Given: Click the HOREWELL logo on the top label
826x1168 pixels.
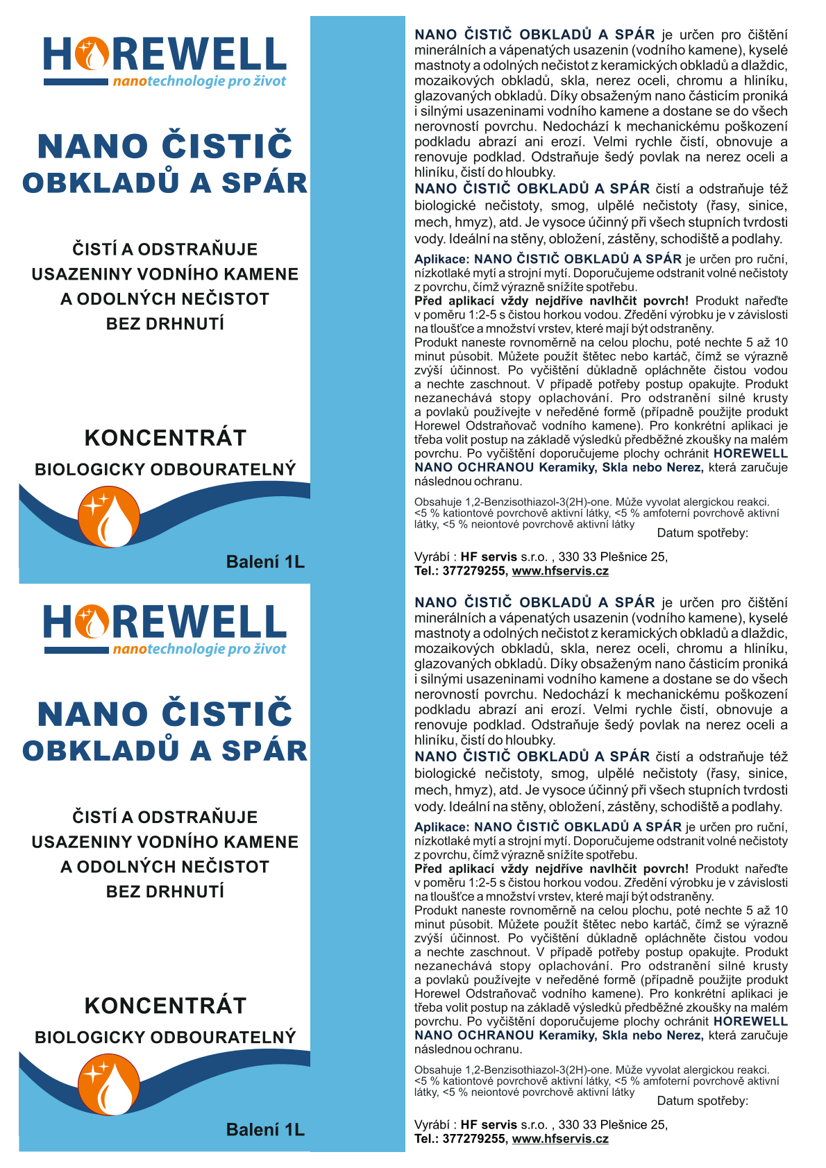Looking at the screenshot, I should pyautogui.click(x=165, y=56).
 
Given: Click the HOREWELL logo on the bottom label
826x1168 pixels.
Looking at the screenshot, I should pyautogui.click(x=165, y=623).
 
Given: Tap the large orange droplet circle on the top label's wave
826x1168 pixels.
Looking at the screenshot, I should pyautogui.click(x=109, y=516).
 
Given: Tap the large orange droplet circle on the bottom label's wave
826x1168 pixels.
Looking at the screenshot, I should pyautogui.click(x=109, y=1085).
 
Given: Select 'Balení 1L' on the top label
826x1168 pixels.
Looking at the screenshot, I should pyautogui.click(x=265, y=562).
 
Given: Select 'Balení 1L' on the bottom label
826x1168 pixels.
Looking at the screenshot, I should pyautogui.click(x=265, y=1130).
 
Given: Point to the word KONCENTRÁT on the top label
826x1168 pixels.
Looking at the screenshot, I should pyautogui.click(x=165, y=438).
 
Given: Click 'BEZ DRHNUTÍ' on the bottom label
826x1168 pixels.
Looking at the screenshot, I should pyautogui.click(x=165, y=892).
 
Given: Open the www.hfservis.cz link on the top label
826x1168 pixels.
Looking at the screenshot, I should pyautogui.click(x=560, y=571).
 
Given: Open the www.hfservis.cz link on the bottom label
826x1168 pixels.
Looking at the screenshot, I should pyautogui.click(x=560, y=1139).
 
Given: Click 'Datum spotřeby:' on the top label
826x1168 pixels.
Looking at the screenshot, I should pyautogui.click(x=702, y=533).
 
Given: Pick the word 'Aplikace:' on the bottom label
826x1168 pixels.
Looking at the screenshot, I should pyautogui.click(x=441, y=827).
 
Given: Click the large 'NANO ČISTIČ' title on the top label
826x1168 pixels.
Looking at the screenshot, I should pyautogui.click(x=165, y=146).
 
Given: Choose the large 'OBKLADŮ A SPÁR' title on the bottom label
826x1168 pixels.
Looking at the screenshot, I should pyautogui.click(x=165, y=751).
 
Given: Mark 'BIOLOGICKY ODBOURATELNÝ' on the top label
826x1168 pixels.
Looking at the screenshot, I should pyautogui.click(x=165, y=470).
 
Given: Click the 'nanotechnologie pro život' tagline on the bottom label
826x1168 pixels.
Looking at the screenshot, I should pyautogui.click(x=199, y=649).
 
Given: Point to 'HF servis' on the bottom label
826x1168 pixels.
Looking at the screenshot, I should pyautogui.click(x=489, y=1125).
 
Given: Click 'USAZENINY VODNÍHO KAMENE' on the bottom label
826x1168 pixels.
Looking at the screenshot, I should pyautogui.click(x=165, y=843).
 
